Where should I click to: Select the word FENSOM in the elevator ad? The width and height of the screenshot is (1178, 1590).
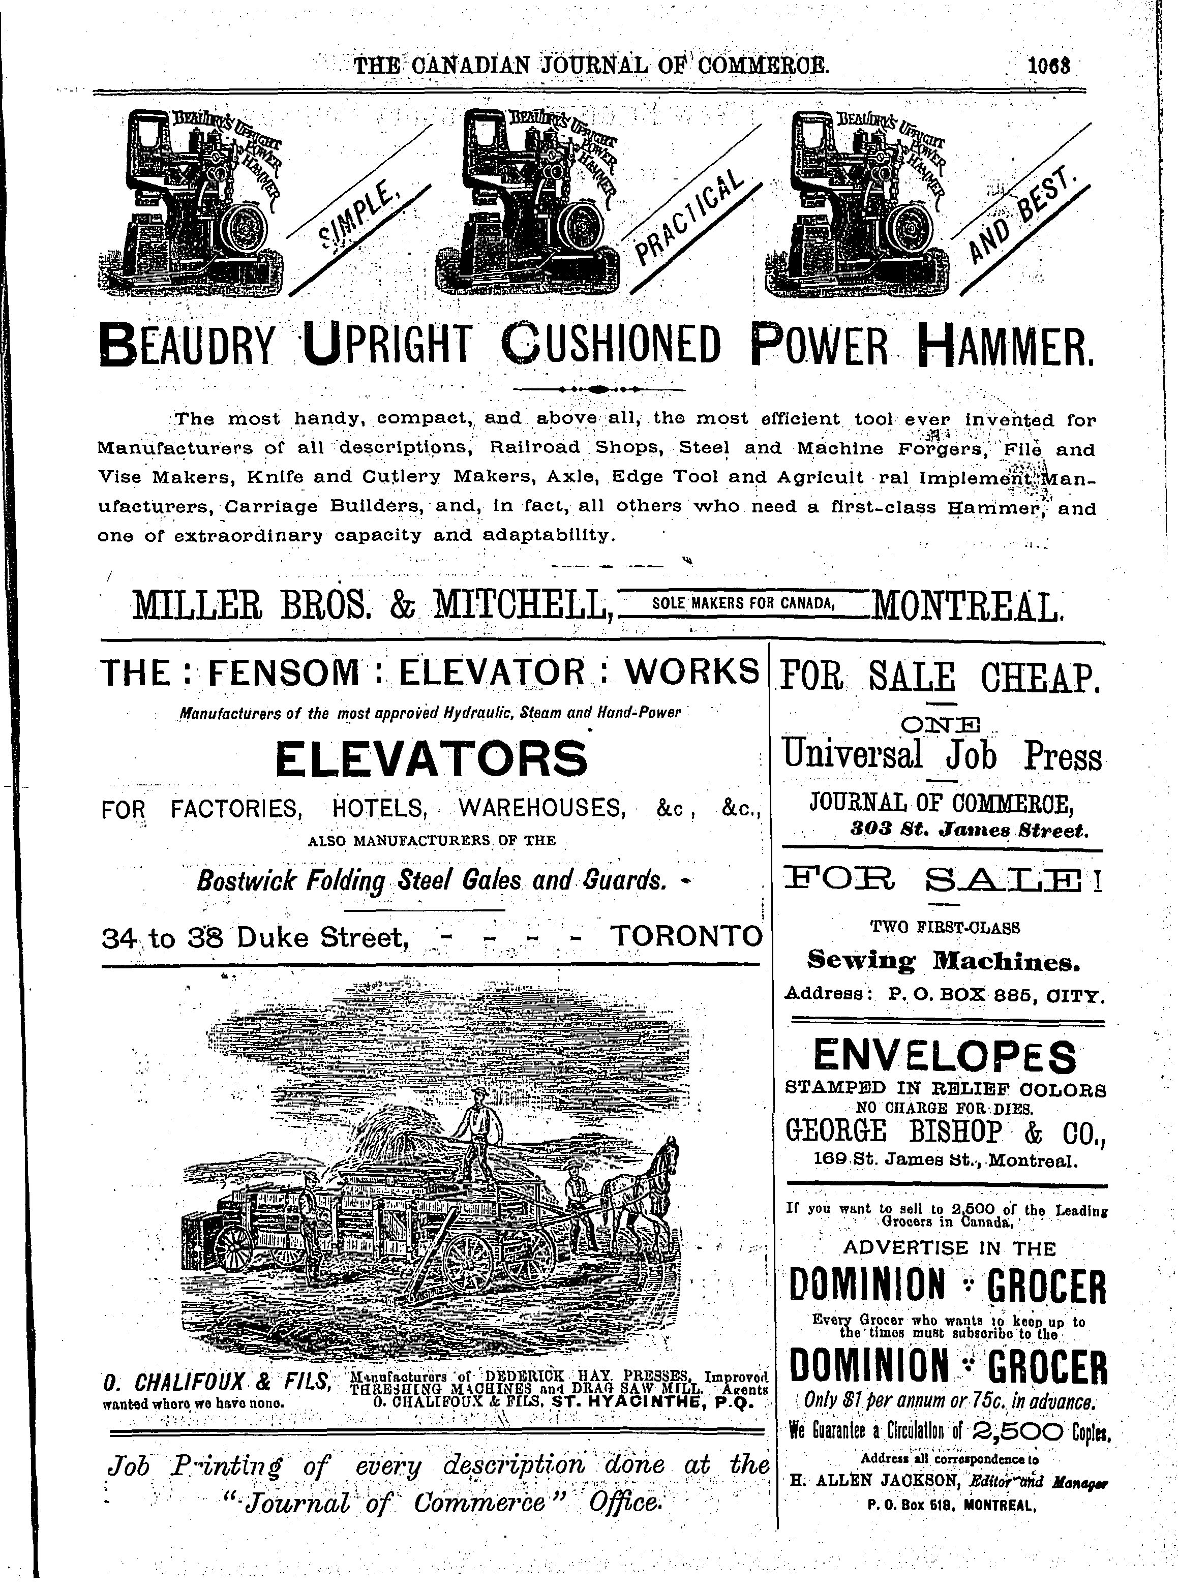pyautogui.click(x=283, y=672)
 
